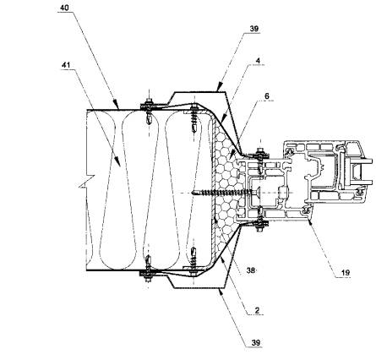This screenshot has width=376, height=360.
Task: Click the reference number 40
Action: pyautogui.click(x=64, y=8)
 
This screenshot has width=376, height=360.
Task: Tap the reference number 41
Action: pyautogui.click(x=66, y=65)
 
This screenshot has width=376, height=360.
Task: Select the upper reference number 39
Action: pyautogui.click(x=254, y=29)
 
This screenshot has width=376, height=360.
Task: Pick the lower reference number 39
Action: pyautogui.click(x=256, y=343)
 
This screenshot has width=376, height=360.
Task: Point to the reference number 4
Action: pyautogui.click(x=258, y=61)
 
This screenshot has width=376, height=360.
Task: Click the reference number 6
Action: pyautogui.click(x=266, y=96)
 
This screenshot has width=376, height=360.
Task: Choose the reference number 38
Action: pyautogui.click(x=251, y=270)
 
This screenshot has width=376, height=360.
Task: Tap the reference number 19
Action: pyautogui.click(x=346, y=273)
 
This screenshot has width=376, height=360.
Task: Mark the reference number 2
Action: pyautogui.click(x=257, y=310)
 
